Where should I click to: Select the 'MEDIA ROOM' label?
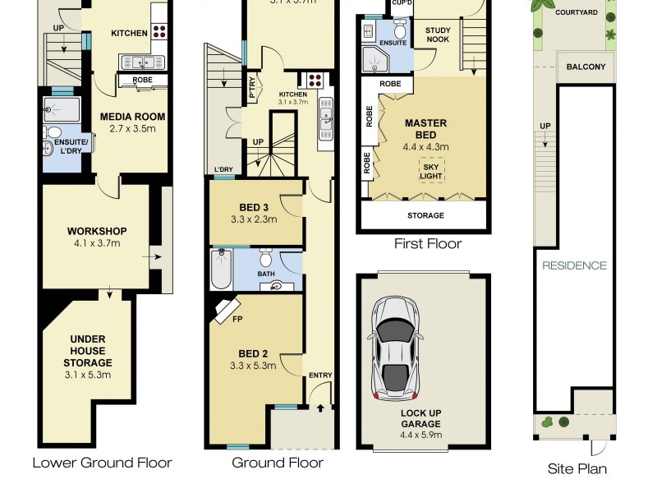(x=127, y=117)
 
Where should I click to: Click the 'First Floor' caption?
(x=427, y=243)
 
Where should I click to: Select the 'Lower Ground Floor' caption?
(x=102, y=463)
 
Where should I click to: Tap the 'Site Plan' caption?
(x=577, y=469)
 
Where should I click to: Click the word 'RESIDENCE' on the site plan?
(x=574, y=265)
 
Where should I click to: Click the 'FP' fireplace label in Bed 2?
(x=237, y=319)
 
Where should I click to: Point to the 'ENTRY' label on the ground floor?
(x=320, y=376)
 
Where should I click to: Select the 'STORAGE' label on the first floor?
(x=425, y=215)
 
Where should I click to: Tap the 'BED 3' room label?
(x=254, y=207)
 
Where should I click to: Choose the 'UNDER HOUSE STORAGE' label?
(x=90, y=351)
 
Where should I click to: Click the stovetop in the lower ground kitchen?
(x=159, y=33)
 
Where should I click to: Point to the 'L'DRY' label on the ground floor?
(x=223, y=170)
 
